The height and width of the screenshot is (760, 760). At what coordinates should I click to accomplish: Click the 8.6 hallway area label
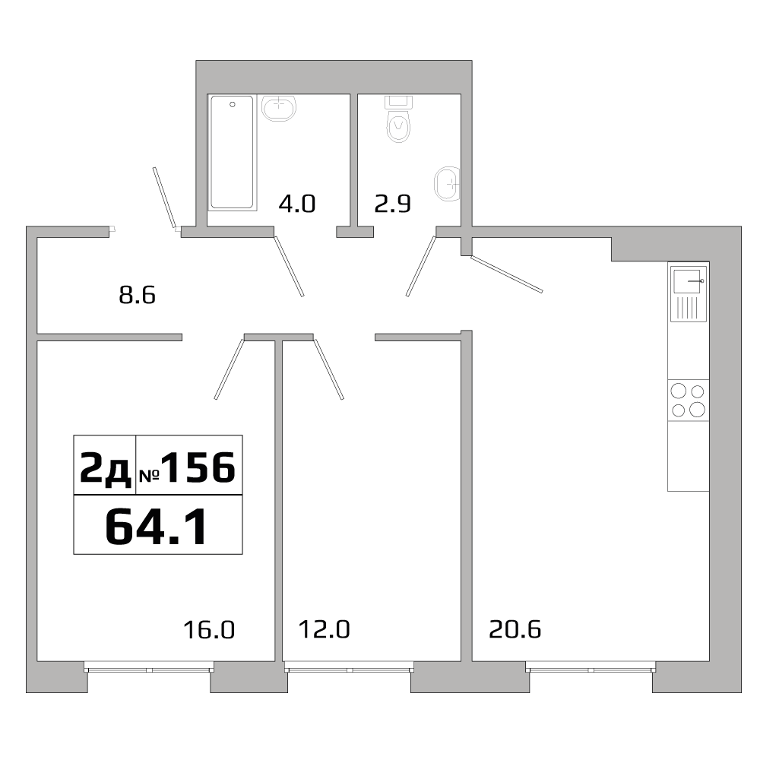click(x=138, y=295)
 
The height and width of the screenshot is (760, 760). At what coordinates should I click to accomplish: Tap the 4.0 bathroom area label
click(x=297, y=204)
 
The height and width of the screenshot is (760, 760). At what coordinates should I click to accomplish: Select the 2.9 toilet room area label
click(x=392, y=204)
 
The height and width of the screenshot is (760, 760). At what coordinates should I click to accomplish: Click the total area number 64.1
click(x=157, y=525)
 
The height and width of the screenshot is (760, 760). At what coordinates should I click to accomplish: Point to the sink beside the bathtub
click(x=279, y=108)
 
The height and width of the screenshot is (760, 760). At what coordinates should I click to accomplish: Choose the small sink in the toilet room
click(x=447, y=183)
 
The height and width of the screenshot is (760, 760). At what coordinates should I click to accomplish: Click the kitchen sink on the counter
click(x=688, y=281)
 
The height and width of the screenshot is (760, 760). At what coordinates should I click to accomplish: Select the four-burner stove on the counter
click(x=688, y=401)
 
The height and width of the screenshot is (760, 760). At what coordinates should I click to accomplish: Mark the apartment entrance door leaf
click(x=164, y=197)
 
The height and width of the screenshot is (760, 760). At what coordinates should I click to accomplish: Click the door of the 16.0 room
click(x=229, y=369)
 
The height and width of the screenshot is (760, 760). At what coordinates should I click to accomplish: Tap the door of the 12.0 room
click(x=329, y=368)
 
